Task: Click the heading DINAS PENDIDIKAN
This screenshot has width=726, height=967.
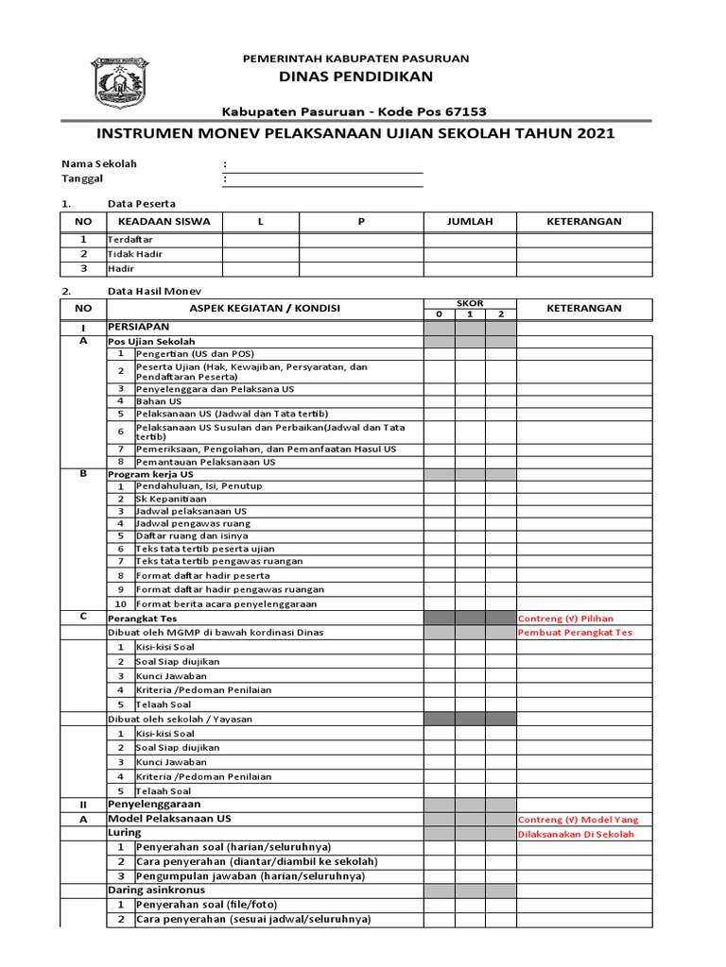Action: point(355,76)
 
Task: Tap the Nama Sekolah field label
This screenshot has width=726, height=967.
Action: point(99,163)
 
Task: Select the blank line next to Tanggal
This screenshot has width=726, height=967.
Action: point(324,179)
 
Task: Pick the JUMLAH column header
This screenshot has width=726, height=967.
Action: point(470,221)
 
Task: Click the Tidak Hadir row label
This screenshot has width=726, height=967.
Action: point(135,254)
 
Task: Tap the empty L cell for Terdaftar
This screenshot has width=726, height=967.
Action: point(260,240)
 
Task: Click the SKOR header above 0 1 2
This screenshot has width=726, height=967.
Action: point(470,303)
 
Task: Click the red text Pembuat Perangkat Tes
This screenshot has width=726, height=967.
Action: point(575,633)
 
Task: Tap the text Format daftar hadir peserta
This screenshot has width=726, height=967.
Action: point(203,574)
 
